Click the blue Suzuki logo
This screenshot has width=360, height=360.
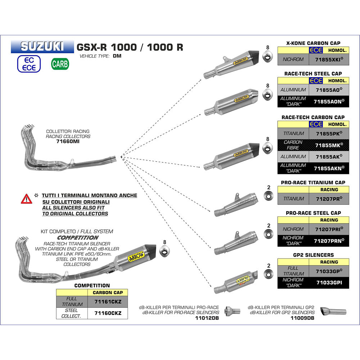coord(42,46)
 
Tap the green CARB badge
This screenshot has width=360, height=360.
coord(60,64)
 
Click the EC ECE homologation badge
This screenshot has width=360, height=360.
coord(29,64)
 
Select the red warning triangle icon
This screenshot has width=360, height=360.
coord(26,198)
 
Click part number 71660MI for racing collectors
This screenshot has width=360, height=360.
coord(68,142)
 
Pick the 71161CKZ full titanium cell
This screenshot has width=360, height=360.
coord(108,301)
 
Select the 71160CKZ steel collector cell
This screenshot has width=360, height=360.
coord(108,313)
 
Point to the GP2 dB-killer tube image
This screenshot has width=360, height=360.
coord(333,311)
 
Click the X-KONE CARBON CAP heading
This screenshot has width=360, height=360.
coord(313,43)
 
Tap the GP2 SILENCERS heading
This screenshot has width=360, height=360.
coord(313,255)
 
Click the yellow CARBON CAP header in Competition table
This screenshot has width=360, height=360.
coord(108,292)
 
